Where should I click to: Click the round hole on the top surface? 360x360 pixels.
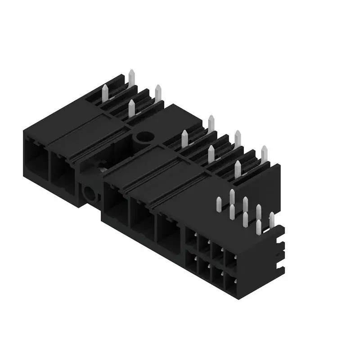[x=145, y=137]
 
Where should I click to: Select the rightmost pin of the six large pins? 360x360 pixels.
[x=264, y=154]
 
